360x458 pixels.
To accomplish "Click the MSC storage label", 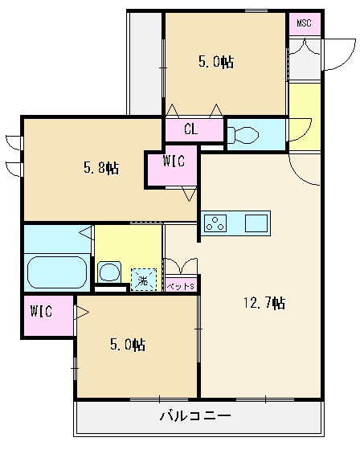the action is point(304,22).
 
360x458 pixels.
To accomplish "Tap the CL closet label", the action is point(190,129).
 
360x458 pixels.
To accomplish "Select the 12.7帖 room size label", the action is point(264,303).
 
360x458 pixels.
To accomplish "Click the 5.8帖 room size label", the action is point(101,168).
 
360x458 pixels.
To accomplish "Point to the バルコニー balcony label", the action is point(195,415).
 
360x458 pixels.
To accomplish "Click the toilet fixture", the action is point(243,135).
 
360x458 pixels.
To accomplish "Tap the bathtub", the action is point(57,272).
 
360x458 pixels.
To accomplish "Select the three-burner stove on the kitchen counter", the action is point(215,223).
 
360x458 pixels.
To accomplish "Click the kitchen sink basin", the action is point(256,223).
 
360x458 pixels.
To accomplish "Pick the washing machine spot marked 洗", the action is point(144,280).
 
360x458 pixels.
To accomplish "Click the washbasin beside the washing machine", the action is point(109,272).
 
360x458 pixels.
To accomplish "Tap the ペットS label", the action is point(180,287).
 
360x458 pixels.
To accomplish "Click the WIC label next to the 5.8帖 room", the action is point(174,161).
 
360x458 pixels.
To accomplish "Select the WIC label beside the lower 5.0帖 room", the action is point(41,312).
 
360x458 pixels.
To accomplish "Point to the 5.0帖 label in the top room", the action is point(216,62).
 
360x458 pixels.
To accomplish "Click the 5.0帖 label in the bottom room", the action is point(128,345).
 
